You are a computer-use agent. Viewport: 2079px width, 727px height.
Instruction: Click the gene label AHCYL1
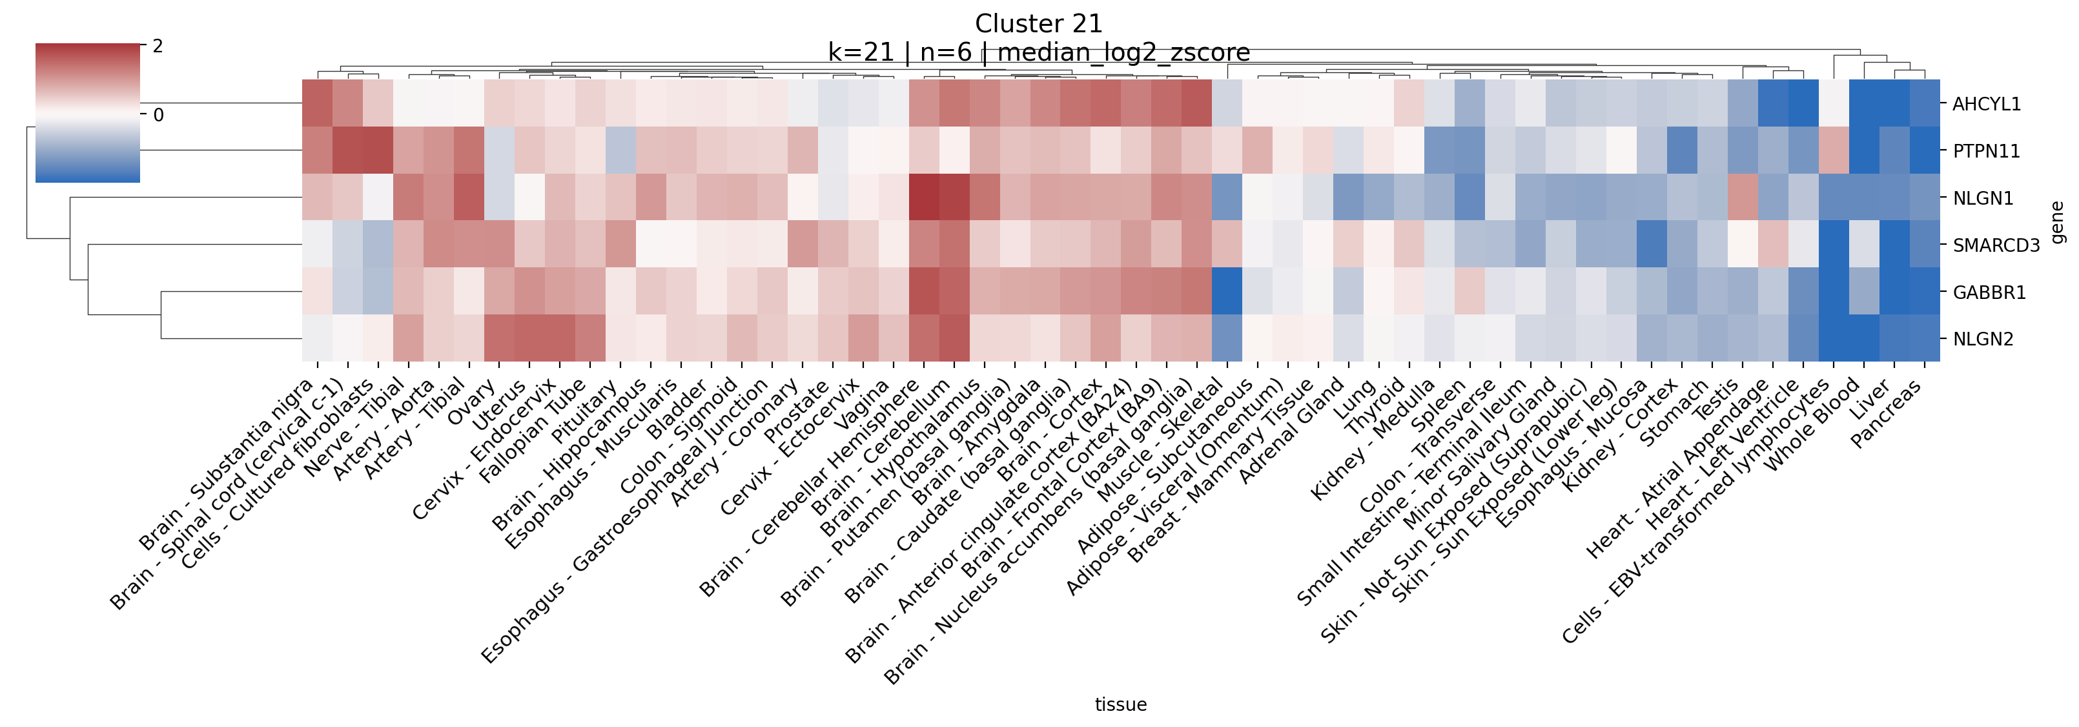pyautogui.click(x=1986, y=104)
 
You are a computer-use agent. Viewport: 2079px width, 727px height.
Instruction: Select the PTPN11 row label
pyautogui.click(x=1986, y=151)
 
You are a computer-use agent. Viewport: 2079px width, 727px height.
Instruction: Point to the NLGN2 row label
pyautogui.click(x=1983, y=339)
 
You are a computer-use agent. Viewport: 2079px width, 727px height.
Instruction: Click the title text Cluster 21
pyautogui.click(x=1038, y=23)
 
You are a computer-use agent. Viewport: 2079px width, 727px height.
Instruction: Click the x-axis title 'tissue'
pyautogui.click(x=1120, y=704)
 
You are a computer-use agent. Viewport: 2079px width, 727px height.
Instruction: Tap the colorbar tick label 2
pyautogui.click(x=158, y=46)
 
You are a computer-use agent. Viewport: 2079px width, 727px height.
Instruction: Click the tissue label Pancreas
pyautogui.click(x=1887, y=414)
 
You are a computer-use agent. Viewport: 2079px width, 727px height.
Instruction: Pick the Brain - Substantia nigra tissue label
pyautogui.click(x=227, y=464)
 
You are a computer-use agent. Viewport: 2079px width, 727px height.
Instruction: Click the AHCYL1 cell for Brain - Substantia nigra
pyautogui.click(x=317, y=103)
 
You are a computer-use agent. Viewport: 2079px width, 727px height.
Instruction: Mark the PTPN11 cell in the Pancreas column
pyautogui.click(x=1924, y=151)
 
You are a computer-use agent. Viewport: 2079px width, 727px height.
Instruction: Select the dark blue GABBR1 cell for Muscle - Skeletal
pyautogui.click(x=1227, y=292)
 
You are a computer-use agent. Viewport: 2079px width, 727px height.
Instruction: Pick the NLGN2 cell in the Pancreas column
pyautogui.click(x=1924, y=339)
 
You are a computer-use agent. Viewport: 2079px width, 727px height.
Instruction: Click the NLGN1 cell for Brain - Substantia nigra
pyautogui.click(x=317, y=198)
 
